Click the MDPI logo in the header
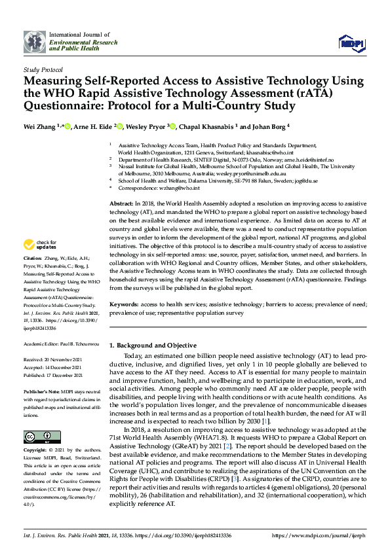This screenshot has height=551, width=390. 351,43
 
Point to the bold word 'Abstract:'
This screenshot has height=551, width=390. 121,204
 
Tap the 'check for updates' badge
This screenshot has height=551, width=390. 40,245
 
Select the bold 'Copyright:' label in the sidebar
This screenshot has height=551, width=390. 37,452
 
